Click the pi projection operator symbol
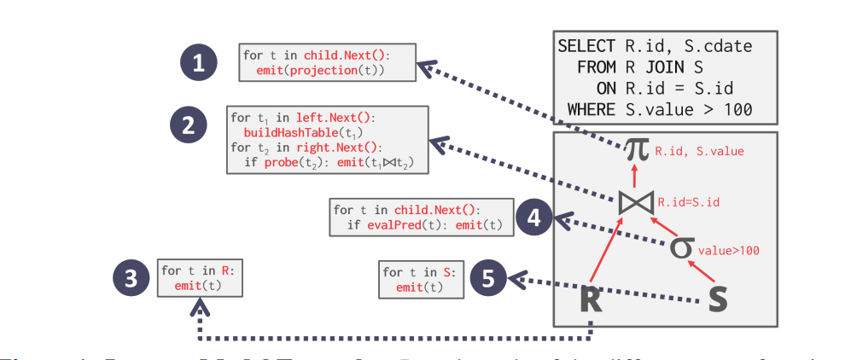(636, 151)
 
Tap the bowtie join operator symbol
(636, 203)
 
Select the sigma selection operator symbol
(679, 247)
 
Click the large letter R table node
(591, 300)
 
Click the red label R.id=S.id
(687, 203)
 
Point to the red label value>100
(728, 251)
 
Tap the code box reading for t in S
(422, 279)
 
